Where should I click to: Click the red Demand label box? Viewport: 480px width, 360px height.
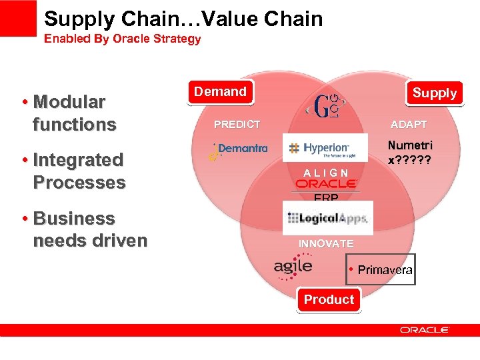click(x=220, y=92)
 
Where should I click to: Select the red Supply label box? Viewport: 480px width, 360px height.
click(x=434, y=93)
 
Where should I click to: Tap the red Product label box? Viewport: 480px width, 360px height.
click(x=329, y=299)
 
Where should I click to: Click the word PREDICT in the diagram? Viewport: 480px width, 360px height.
click(x=237, y=125)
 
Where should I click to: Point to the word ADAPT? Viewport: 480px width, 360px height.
click(x=409, y=125)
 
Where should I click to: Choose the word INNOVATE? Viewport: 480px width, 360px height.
click(x=326, y=244)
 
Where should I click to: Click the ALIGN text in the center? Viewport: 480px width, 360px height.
click(x=325, y=173)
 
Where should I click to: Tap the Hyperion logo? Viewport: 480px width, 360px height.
click(x=325, y=148)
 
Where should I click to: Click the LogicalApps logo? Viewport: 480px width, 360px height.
click(x=327, y=217)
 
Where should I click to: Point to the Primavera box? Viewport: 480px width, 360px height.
click(x=381, y=269)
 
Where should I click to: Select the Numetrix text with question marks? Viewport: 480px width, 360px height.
click(x=410, y=153)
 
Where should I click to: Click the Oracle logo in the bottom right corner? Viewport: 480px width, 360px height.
click(x=425, y=329)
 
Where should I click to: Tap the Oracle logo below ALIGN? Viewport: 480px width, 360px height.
click(x=326, y=184)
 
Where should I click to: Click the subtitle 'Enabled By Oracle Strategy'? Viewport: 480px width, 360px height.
click(x=122, y=39)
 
